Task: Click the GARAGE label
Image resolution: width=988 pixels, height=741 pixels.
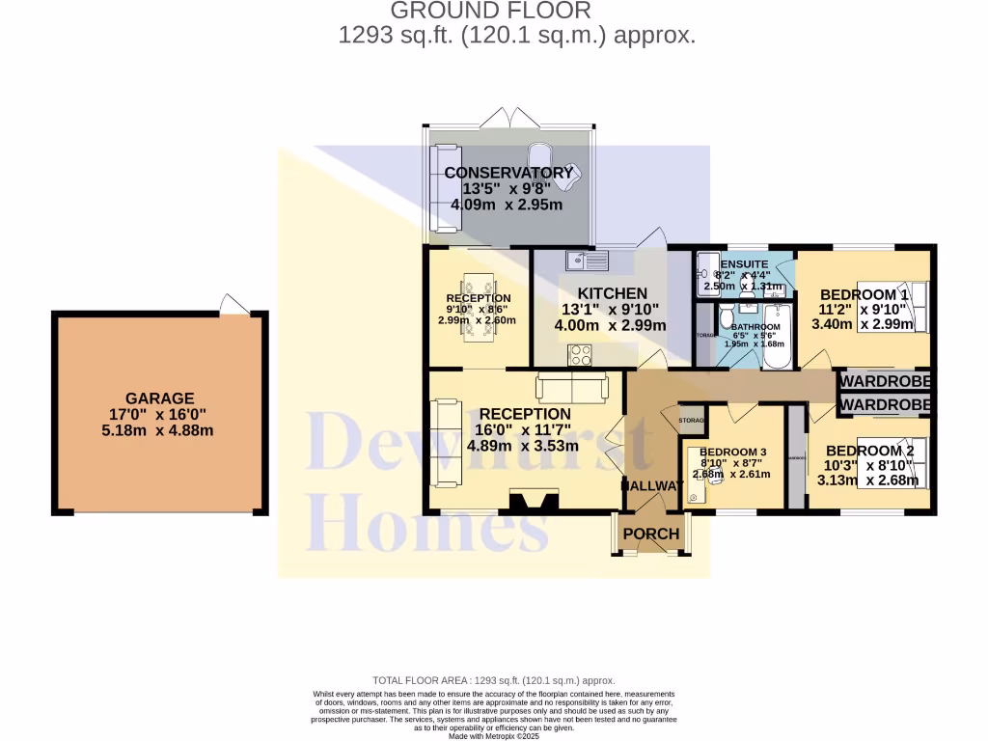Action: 159,398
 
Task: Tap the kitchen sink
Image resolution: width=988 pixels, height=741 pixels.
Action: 586,260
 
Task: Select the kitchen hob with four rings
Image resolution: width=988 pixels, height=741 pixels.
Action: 580,356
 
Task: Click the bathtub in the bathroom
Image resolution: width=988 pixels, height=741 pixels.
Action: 776,338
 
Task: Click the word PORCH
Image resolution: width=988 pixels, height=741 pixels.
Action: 650,534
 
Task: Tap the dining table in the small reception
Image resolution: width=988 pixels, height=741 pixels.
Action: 479,307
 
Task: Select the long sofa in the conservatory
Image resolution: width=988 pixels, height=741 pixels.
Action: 445,188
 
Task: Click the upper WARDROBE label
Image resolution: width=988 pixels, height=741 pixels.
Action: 885,381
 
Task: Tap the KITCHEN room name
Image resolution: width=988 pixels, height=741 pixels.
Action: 612,293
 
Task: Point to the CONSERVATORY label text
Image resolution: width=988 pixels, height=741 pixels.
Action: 508,173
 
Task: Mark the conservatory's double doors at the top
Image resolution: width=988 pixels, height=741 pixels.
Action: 509,117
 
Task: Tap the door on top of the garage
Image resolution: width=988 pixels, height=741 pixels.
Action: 234,304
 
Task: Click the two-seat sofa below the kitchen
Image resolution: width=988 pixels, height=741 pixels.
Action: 572,388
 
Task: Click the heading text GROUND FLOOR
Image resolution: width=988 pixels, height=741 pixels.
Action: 490,12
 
